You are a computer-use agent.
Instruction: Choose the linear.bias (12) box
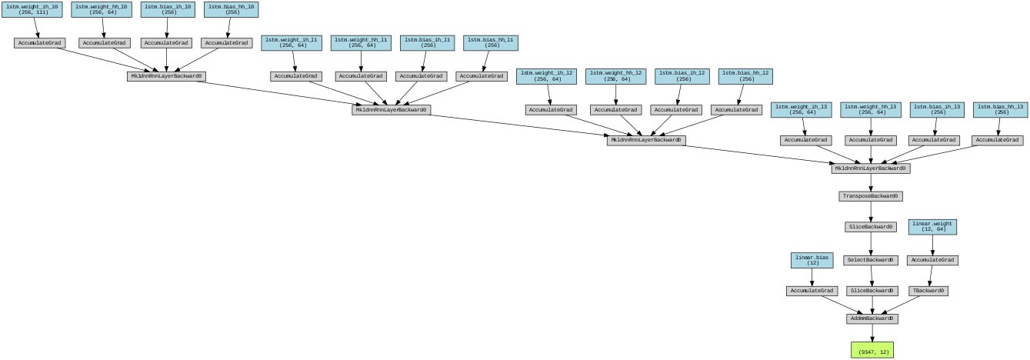tap(812, 260)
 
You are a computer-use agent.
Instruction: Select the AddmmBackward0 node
tap(872, 318)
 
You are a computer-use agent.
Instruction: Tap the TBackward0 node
tap(928, 291)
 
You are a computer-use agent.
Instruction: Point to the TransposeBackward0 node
tap(870, 196)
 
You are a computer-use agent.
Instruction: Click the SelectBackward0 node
tap(871, 260)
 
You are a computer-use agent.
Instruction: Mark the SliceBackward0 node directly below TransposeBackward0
tap(871, 227)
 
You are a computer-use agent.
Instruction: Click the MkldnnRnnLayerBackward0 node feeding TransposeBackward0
tap(870, 168)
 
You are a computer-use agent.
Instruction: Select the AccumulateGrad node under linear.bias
tap(812, 291)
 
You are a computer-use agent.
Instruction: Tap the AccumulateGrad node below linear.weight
tap(933, 260)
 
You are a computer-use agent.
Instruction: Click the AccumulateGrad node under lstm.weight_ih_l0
tap(39, 42)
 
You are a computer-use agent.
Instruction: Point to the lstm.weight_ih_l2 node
tap(547, 76)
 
